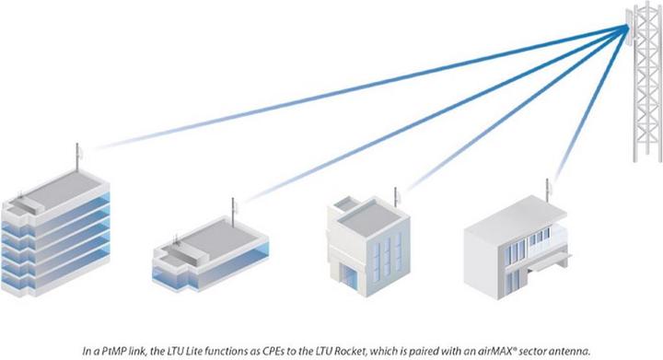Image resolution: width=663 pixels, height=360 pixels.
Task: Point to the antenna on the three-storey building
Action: (x=397, y=197)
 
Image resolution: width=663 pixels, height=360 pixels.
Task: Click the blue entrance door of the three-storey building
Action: (x=355, y=277)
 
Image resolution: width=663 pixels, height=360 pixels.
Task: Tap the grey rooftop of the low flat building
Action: (x=221, y=230)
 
